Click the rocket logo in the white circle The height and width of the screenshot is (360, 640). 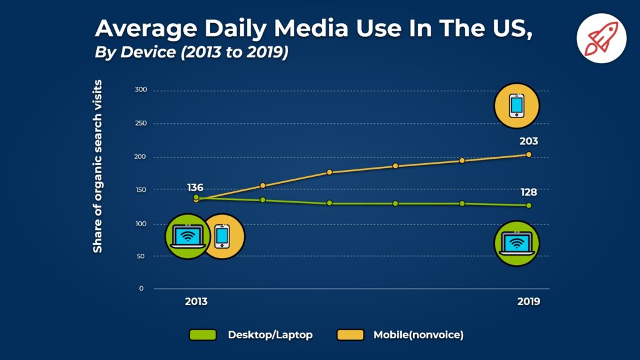[x=601, y=37]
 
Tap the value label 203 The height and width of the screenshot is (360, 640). [x=528, y=141]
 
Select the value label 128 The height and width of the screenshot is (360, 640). [x=528, y=192]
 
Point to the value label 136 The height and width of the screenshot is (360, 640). [x=195, y=187]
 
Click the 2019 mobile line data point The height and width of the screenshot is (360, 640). [x=529, y=154]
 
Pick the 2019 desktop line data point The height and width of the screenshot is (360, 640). [x=529, y=206]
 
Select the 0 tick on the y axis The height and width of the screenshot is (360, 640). [x=141, y=289]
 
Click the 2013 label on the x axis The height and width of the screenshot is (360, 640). [x=196, y=301]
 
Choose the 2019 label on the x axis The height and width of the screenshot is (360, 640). [x=529, y=301]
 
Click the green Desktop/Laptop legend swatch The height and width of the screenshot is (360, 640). [x=202, y=335]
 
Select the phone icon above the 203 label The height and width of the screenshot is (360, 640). [x=516, y=104]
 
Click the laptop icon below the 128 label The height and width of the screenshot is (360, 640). [x=516, y=243]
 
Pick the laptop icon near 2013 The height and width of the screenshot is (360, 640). [x=187, y=236]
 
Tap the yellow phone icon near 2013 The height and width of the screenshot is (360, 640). [x=222, y=236]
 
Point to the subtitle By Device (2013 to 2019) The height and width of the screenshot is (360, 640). [x=191, y=52]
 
